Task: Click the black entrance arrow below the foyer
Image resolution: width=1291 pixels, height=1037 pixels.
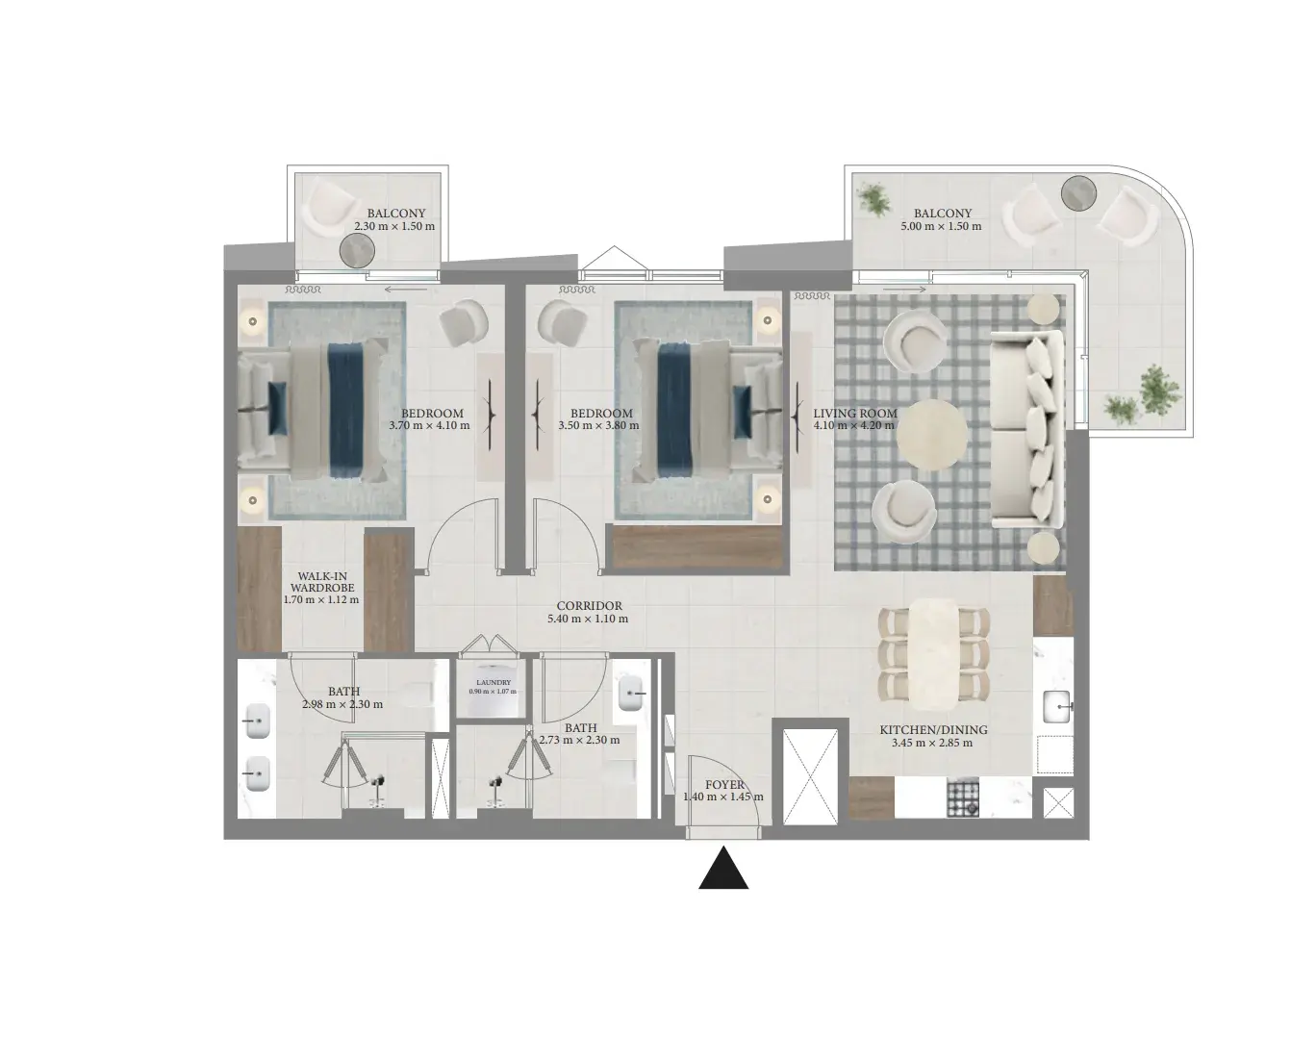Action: click(723, 869)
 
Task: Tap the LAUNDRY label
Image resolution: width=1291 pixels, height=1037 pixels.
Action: click(494, 682)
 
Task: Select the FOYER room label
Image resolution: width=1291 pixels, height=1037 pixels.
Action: click(724, 784)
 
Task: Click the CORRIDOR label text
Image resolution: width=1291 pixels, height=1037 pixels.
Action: click(589, 606)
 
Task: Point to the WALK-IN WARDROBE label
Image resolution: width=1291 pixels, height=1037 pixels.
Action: click(322, 582)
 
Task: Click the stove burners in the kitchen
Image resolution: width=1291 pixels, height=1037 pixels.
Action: click(963, 797)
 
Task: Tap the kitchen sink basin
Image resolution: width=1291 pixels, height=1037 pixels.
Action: click(1057, 707)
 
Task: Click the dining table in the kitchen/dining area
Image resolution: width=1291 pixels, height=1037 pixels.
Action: click(933, 650)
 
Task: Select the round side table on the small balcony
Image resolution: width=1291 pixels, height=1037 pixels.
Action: click(357, 250)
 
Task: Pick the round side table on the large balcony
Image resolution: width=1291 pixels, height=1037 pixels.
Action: click(1078, 194)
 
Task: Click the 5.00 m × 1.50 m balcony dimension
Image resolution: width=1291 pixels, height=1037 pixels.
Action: click(941, 226)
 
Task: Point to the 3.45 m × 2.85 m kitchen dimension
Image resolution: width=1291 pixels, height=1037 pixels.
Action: click(931, 743)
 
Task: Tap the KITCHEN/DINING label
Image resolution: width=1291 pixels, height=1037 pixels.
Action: click(933, 730)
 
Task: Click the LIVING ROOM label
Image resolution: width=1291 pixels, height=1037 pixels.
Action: click(855, 414)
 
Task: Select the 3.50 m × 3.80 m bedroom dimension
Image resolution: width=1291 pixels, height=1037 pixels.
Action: click(598, 425)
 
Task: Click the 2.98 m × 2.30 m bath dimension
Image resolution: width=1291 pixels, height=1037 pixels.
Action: click(342, 704)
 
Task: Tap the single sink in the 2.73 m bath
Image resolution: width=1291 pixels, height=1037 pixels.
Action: click(628, 693)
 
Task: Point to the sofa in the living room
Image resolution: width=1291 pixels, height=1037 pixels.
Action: click(1025, 430)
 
